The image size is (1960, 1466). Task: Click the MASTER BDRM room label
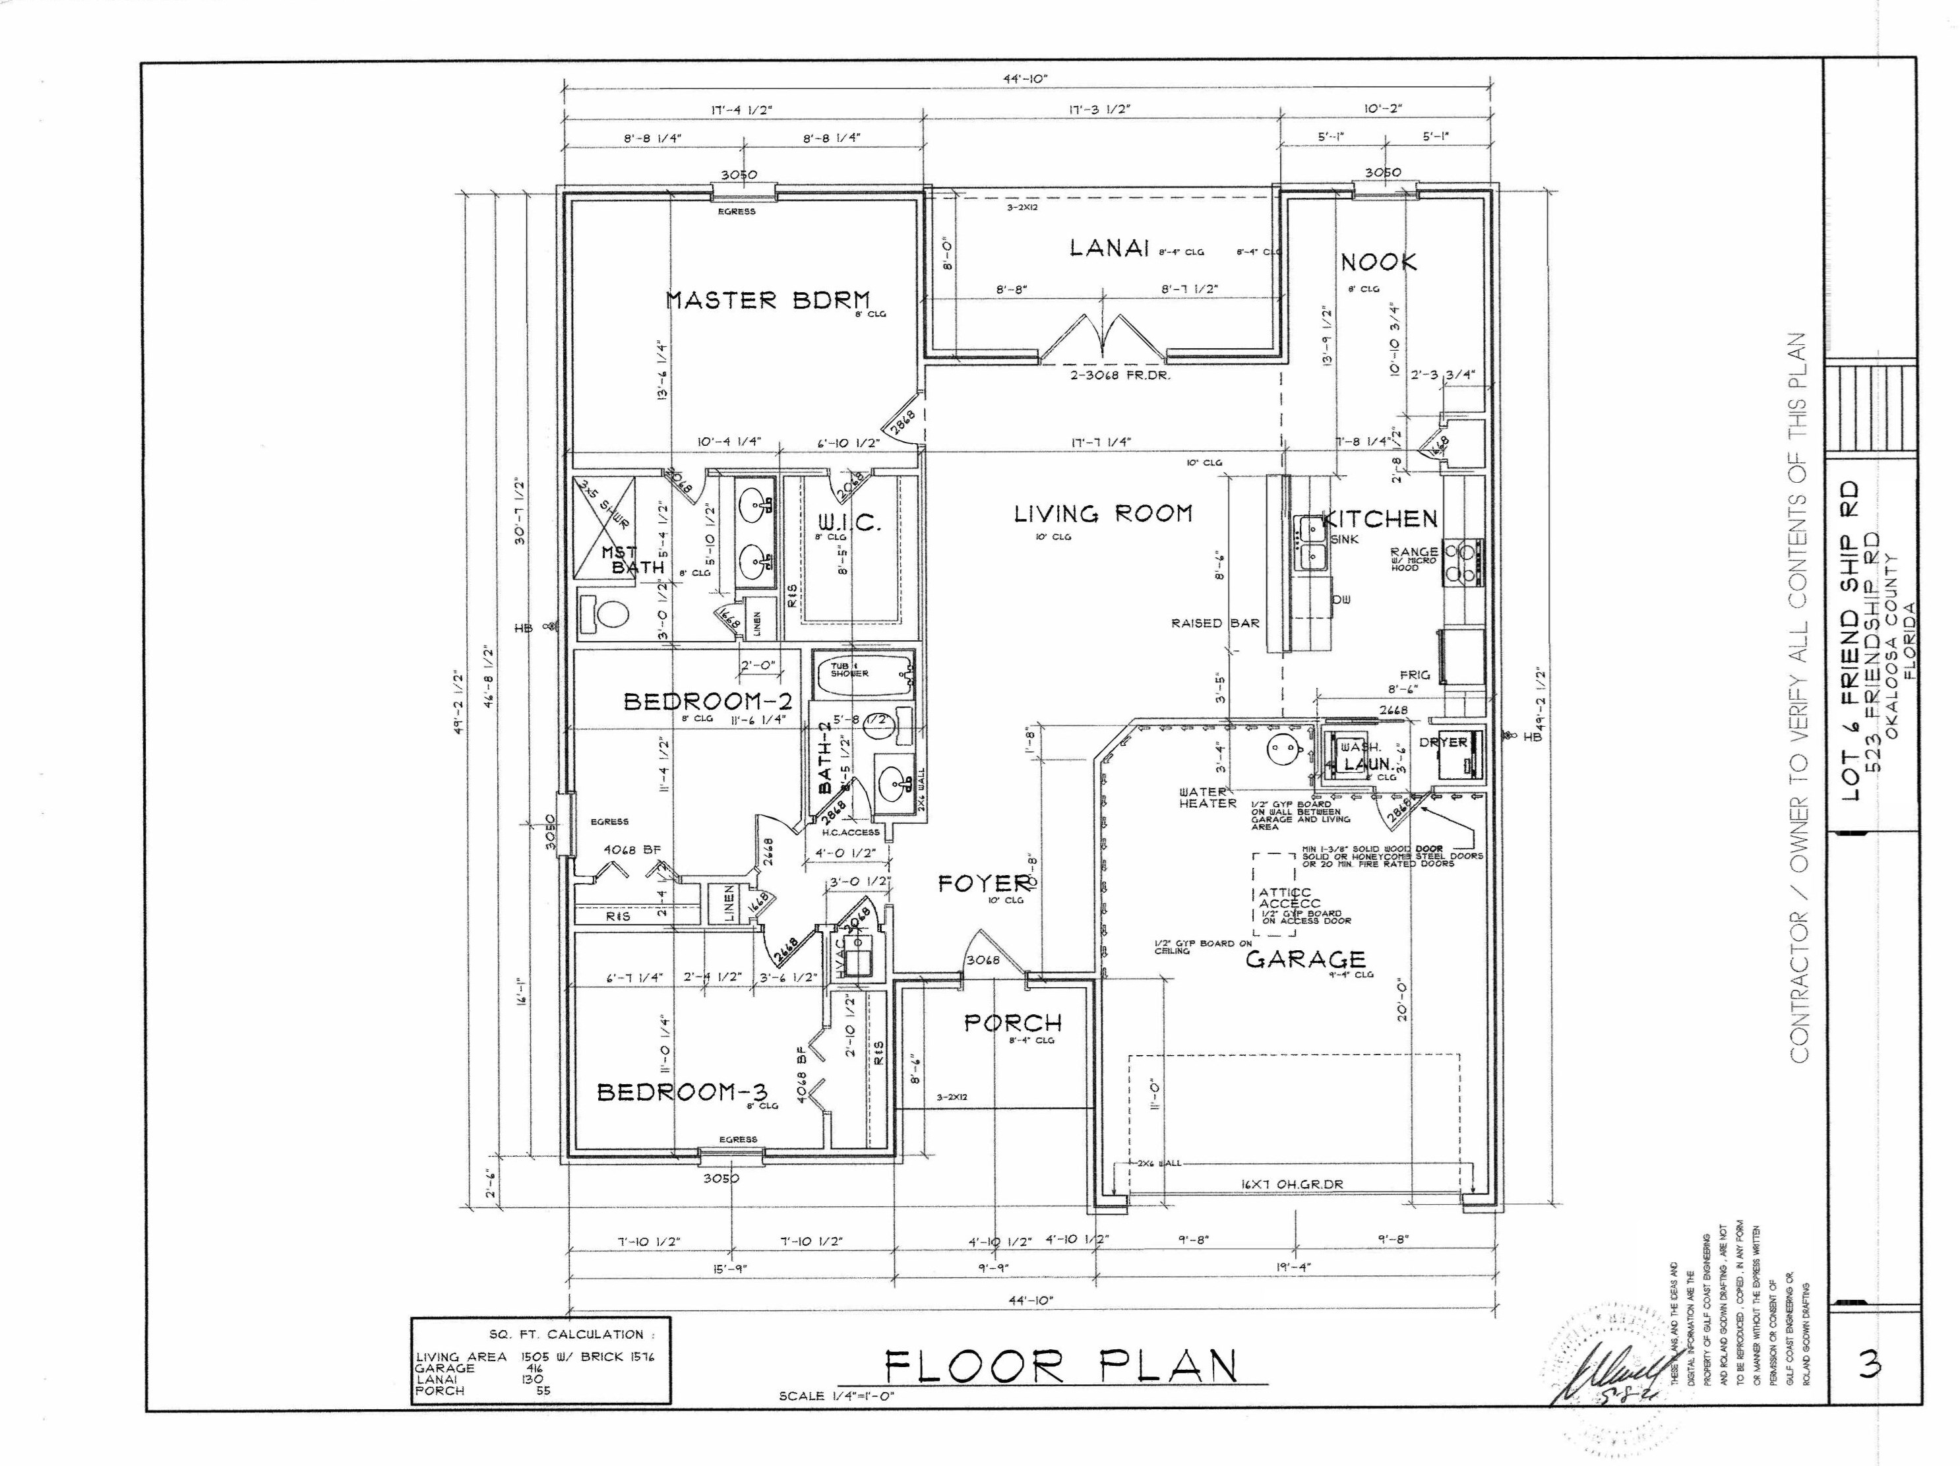768,300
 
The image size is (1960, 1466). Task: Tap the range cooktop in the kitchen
1463,563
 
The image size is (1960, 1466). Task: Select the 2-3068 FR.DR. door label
1120,376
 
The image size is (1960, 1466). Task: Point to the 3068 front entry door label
982,960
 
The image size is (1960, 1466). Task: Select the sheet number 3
1870,1367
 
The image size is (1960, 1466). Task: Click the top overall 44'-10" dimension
1026,78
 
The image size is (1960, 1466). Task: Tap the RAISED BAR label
1215,624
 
